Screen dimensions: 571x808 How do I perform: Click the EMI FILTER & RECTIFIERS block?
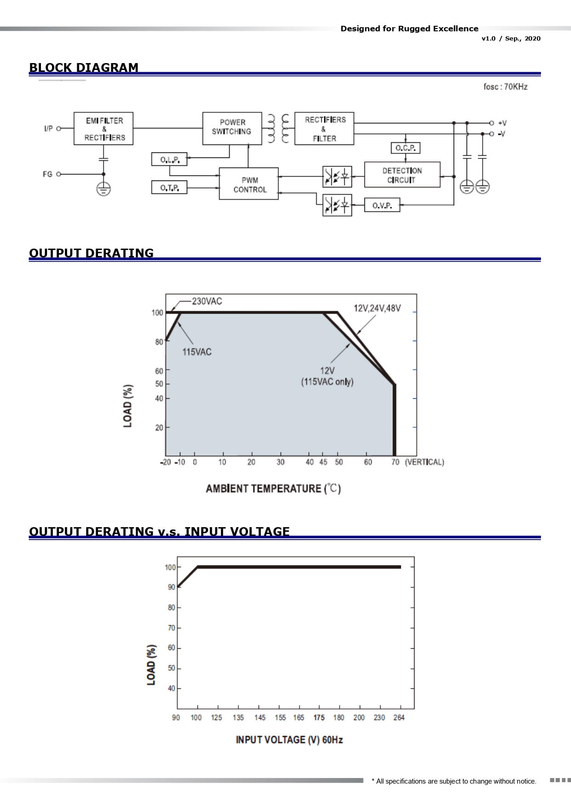[x=104, y=128]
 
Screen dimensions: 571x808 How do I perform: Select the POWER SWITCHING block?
[x=232, y=128]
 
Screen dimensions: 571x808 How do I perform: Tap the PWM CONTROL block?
[x=249, y=184]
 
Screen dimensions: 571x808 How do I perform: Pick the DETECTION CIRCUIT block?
[x=402, y=174]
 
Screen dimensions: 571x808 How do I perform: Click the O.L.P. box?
[x=169, y=159]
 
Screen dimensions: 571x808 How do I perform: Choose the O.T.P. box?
[x=169, y=187]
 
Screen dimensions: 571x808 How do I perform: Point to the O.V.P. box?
[x=382, y=205]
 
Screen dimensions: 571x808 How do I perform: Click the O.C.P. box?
[x=405, y=148]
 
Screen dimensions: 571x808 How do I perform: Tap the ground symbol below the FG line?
[x=104, y=189]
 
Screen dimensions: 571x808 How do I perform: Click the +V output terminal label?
[x=502, y=123]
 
